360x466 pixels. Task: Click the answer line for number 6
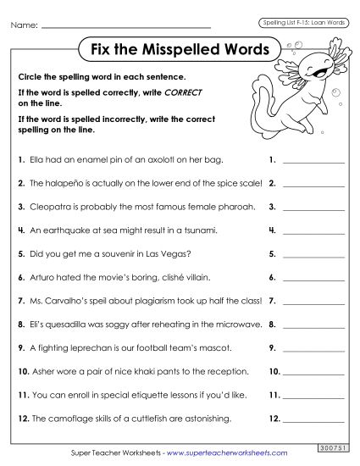[x=313, y=280]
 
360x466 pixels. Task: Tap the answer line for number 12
[x=313, y=421]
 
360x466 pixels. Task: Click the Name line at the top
[x=136, y=27]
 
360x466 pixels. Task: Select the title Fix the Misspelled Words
[x=180, y=48]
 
